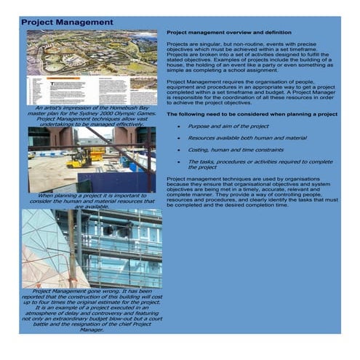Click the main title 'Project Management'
tap(67, 22)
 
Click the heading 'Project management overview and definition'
tap(228, 33)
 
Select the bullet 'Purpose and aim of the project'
tap(228, 126)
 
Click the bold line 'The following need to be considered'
tap(251, 114)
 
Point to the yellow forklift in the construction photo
tap(79, 159)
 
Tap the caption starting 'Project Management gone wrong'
tap(91, 309)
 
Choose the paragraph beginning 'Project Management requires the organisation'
tap(252, 93)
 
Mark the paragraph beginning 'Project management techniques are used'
tap(252, 192)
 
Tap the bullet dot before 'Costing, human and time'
tap(180, 150)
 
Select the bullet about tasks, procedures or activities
tap(259, 164)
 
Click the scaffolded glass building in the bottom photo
tap(120, 247)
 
